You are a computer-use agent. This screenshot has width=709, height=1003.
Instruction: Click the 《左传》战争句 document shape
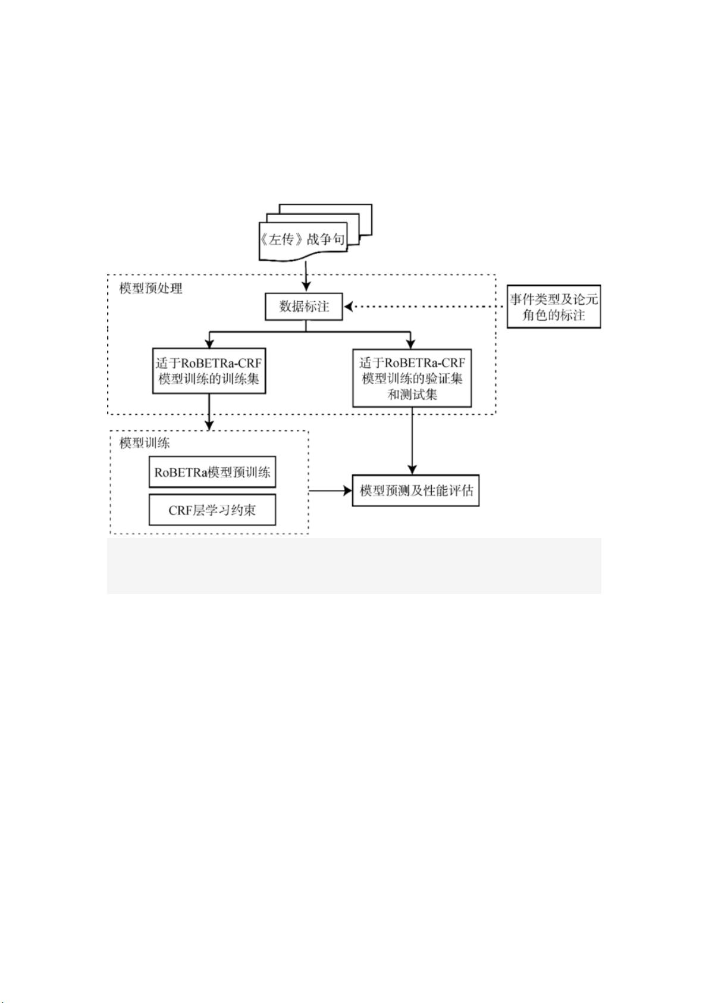(303, 240)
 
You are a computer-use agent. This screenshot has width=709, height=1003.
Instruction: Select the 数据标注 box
(304, 307)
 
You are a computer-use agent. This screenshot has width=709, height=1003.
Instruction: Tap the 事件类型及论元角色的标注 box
(554, 307)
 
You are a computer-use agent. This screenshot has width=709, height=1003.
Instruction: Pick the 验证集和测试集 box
(412, 378)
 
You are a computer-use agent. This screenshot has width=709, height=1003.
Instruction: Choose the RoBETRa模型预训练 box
(212, 473)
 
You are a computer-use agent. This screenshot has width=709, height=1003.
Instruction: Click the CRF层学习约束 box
(212, 510)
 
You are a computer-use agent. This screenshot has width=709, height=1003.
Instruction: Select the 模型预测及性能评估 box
(416, 491)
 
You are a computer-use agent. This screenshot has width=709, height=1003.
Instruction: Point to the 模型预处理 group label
(151, 289)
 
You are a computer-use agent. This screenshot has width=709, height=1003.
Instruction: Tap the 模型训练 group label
(145, 443)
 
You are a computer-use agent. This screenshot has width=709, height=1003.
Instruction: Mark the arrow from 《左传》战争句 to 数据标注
(306, 276)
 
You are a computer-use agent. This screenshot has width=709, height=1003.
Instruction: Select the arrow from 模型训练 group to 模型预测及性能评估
(330, 491)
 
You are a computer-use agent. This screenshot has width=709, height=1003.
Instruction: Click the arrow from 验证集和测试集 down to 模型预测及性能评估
(412, 440)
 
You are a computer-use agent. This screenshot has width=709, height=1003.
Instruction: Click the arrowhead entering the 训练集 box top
(209, 343)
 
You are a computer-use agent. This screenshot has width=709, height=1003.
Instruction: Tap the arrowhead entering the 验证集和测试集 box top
(410, 343)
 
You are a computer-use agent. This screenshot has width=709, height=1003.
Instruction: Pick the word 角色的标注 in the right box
(554, 315)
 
